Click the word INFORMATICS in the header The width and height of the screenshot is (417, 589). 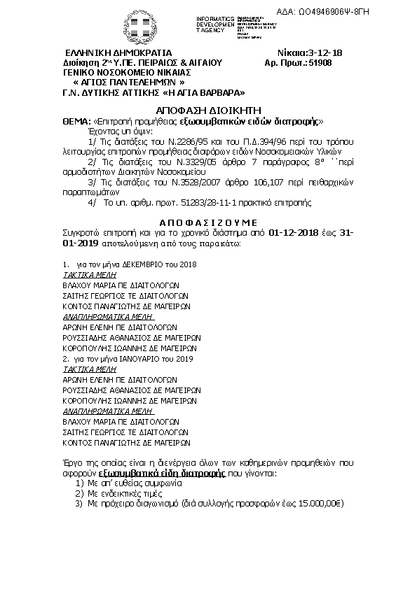coord(215,17)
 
